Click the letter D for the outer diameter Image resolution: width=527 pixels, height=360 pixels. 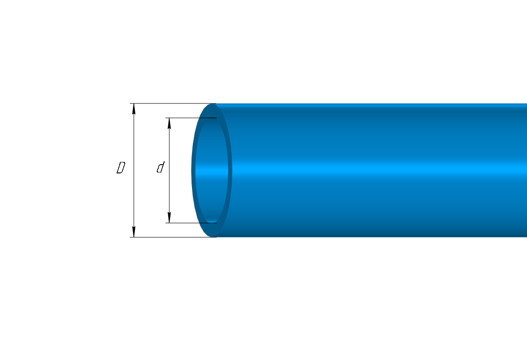pyautogui.click(x=121, y=167)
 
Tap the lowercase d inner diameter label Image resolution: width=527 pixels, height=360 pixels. pyautogui.click(x=161, y=167)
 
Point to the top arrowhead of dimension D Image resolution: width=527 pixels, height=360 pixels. pyautogui.click(x=134, y=109)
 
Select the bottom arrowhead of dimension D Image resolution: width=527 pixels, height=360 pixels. pyautogui.click(x=134, y=231)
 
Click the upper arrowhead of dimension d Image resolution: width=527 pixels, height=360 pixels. pyautogui.click(x=170, y=124)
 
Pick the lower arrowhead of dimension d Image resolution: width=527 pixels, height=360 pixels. pyautogui.click(x=170, y=217)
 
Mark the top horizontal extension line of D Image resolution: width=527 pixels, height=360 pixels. pyautogui.click(x=173, y=104)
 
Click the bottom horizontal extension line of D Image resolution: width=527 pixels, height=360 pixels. pyautogui.click(x=173, y=237)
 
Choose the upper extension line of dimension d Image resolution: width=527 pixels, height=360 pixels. pyautogui.click(x=191, y=118)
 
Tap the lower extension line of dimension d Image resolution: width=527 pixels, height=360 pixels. pyautogui.click(x=191, y=223)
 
